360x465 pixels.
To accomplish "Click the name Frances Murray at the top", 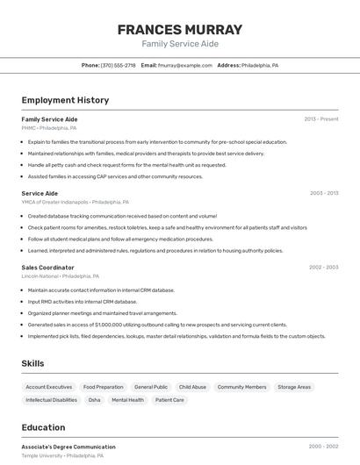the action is click(179, 29).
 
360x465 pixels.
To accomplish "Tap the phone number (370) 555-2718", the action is click(118, 65).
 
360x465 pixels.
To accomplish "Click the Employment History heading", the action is click(65, 100).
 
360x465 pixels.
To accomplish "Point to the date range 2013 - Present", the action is click(321, 119).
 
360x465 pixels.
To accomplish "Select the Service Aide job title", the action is click(40, 193).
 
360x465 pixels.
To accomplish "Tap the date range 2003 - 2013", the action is click(324, 193).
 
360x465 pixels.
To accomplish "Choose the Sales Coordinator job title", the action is click(47, 267).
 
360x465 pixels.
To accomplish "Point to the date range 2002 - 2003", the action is click(323, 267).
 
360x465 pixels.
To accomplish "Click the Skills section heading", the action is click(33, 363).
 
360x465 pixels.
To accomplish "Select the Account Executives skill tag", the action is click(49, 387).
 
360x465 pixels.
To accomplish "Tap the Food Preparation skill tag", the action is click(104, 387).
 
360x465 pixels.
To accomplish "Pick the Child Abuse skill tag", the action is click(192, 387).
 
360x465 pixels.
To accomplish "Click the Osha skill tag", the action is click(94, 400).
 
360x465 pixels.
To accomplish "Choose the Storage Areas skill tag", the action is click(294, 387).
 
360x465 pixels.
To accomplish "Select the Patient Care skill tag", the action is click(169, 400).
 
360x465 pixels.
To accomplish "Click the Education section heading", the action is click(43, 427).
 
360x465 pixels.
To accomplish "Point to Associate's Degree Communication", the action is click(68, 447).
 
